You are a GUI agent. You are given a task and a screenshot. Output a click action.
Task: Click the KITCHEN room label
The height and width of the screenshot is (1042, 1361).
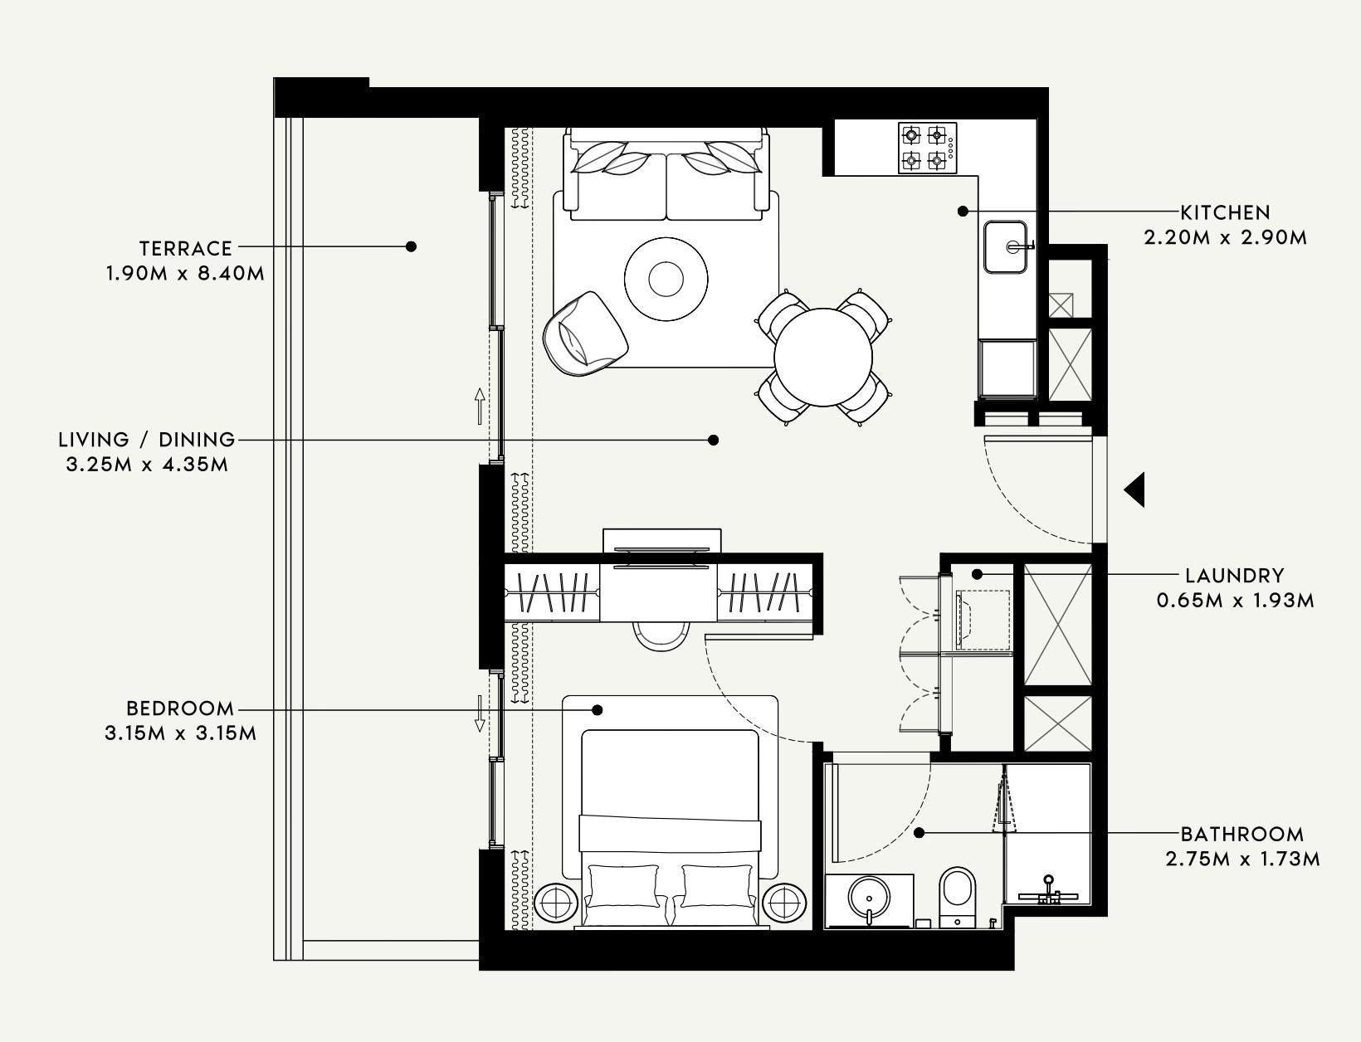1225,212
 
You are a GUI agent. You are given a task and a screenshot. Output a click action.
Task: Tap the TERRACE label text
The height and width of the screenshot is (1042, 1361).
185,248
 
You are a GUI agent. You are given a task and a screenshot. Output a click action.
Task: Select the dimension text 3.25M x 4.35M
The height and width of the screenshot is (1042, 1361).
147,465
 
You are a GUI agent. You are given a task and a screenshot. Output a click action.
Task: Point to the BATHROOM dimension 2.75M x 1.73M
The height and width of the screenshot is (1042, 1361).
1242,859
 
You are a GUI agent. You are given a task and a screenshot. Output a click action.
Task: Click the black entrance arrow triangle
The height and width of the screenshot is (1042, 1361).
1135,490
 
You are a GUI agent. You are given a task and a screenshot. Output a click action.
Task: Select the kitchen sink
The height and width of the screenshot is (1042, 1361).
1007,246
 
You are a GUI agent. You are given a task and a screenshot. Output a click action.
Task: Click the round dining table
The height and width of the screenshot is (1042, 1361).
823,357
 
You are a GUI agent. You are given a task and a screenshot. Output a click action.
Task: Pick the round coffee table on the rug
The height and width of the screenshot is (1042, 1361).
666,279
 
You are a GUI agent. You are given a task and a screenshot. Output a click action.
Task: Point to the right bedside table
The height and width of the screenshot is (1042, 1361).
784,902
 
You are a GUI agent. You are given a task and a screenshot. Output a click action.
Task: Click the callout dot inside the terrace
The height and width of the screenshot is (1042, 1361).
411,246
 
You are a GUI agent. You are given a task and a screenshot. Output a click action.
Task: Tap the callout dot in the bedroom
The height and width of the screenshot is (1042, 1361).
597,710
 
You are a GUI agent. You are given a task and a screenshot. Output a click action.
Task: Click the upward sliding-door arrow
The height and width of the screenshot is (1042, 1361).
480,404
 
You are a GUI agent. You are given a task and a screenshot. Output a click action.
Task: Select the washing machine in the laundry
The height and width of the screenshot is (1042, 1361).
983,618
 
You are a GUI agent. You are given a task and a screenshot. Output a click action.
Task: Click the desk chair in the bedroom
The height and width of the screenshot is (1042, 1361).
661,635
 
